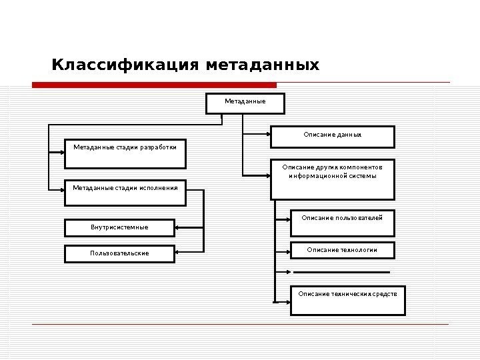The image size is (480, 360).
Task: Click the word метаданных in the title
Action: pyautogui.click(x=263, y=65)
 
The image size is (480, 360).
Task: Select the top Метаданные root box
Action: pyautogui.click(x=245, y=103)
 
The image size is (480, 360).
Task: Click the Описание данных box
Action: pyautogui.click(x=332, y=137)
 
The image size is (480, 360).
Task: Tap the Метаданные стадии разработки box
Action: pyautogui.click(x=125, y=153)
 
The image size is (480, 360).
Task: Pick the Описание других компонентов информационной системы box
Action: pyautogui.click(x=332, y=179)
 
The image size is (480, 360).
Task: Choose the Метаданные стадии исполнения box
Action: pyautogui.click(x=125, y=192)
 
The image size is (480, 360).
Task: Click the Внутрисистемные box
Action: pyautogui.click(x=119, y=228)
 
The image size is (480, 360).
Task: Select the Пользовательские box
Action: pyautogui.click(x=119, y=253)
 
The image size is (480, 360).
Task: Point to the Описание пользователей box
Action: pyautogui.click(x=342, y=223)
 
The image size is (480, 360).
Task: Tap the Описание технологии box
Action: pyautogui.click(x=342, y=250)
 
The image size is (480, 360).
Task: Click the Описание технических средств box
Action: pyautogui.click(x=347, y=300)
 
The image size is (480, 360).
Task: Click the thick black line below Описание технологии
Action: pyautogui.click(x=341, y=272)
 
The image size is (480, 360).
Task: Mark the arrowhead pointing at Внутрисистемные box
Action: pyautogui.click(x=179, y=228)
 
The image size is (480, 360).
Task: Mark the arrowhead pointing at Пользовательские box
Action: pyautogui.click(x=179, y=252)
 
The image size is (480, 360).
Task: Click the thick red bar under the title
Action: pyautogui.click(x=154, y=85)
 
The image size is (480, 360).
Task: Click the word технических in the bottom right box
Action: pyautogui.click(x=357, y=293)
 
